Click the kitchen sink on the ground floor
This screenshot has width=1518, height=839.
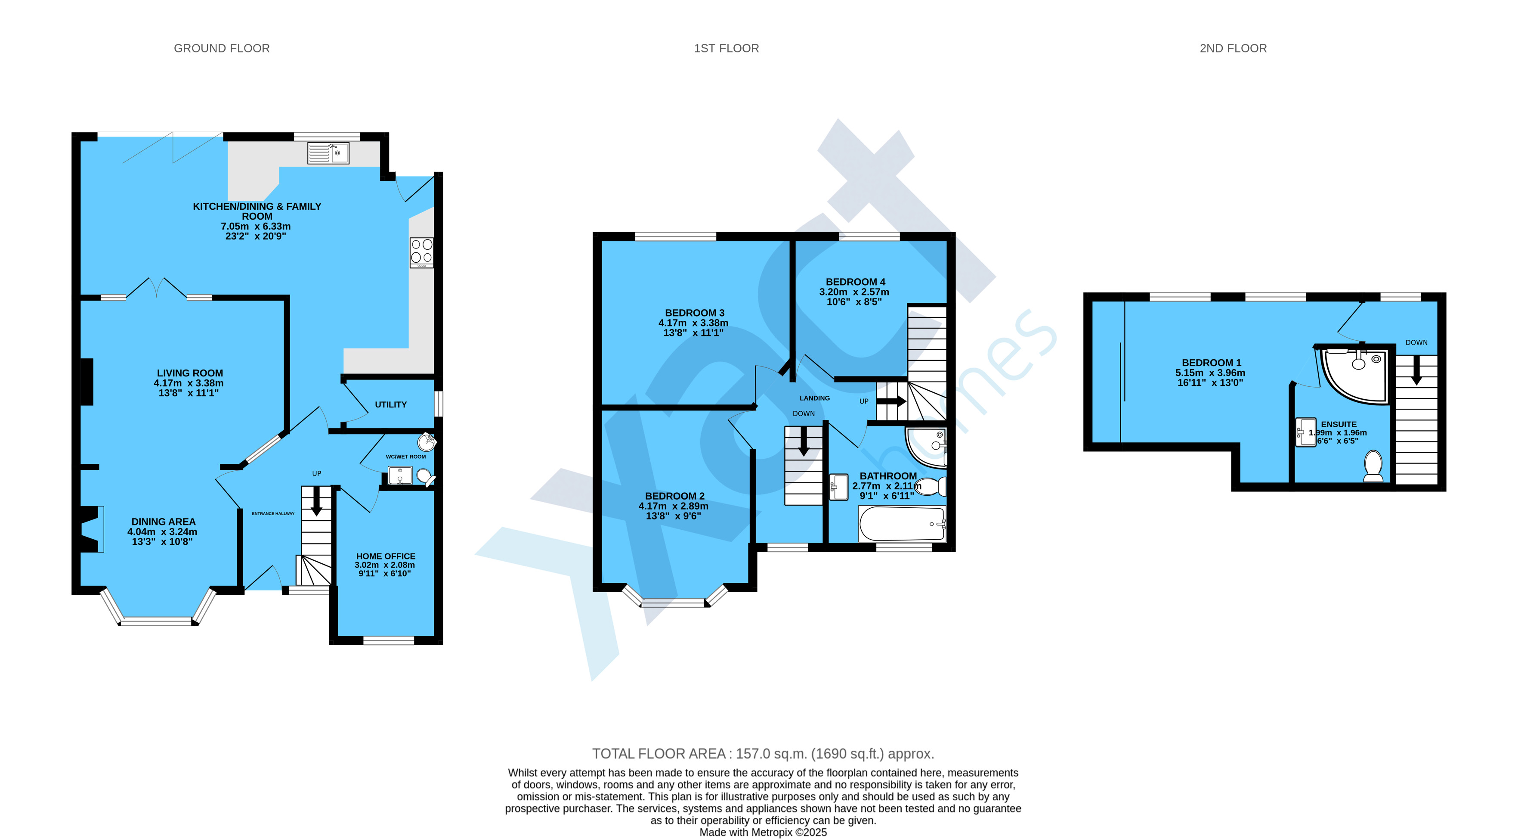[328, 153]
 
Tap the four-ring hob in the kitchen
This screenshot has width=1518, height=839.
[422, 252]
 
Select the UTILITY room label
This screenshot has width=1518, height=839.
[391, 404]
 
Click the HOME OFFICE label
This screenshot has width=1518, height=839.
[385, 556]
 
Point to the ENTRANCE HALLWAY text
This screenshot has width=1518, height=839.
[273, 513]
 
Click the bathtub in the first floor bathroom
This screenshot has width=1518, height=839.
[902, 524]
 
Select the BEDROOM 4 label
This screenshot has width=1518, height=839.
[855, 282]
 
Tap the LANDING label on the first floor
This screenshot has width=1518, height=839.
[814, 398]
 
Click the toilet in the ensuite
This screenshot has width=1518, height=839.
[1373, 466]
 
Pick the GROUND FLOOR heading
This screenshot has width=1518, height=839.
[222, 48]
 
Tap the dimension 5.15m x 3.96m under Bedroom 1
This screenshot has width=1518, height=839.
[1210, 373]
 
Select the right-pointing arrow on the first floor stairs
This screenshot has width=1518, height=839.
[891, 401]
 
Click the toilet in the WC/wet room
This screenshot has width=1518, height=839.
[426, 476]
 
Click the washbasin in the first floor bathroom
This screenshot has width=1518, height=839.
[838, 487]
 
